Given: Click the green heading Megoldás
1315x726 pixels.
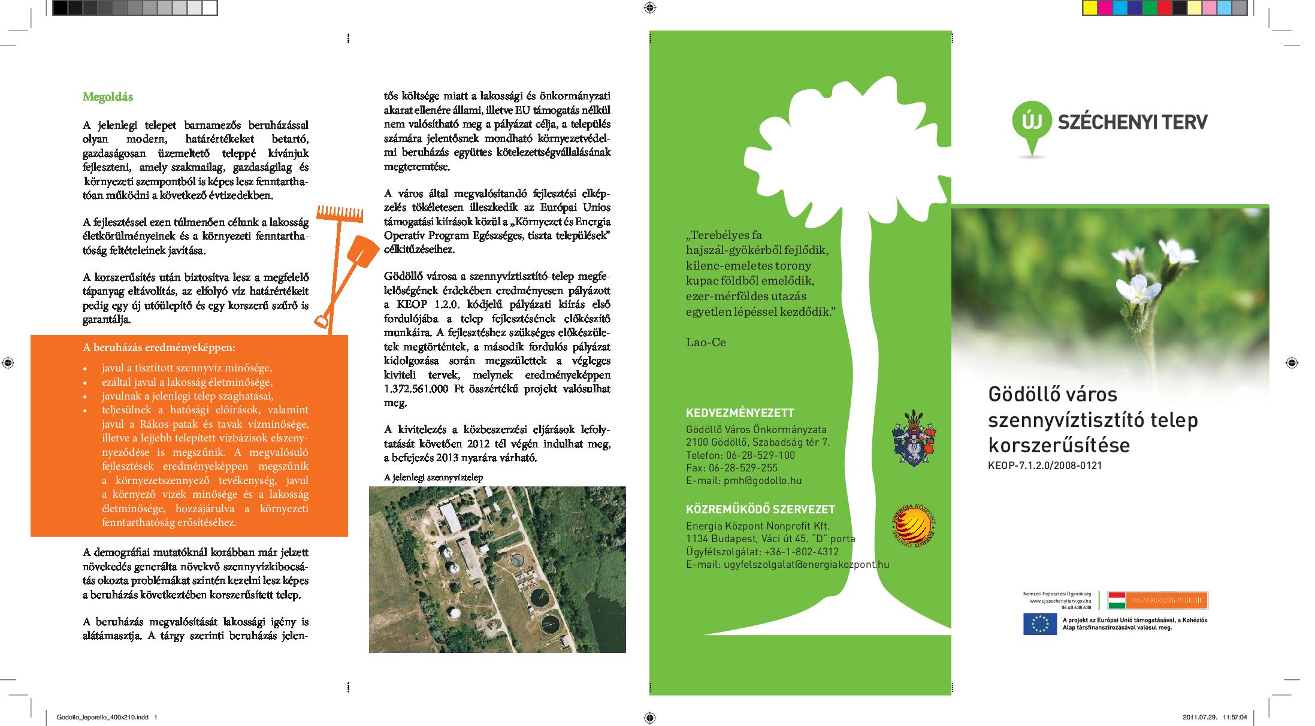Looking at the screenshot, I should (x=108, y=97).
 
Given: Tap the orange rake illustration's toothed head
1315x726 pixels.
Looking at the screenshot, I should (x=340, y=213).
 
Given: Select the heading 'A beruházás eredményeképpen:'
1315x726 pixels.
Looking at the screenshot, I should (x=159, y=347).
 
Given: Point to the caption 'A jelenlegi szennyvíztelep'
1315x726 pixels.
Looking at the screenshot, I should (x=433, y=477).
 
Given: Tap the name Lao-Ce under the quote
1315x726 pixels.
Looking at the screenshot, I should (x=706, y=343).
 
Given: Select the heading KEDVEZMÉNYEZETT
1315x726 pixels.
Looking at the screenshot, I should (x=740, y=413).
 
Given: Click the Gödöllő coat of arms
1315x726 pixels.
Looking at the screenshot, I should (x=913, y=438).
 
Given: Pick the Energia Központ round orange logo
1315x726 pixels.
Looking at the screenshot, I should (x=914, y=525).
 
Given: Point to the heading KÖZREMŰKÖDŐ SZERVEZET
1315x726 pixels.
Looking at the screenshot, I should (x=760, y=509).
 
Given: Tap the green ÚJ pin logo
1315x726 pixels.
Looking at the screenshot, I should (x=1032, y=123).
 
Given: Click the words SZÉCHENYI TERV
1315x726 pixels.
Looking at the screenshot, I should (x=1132, y=122).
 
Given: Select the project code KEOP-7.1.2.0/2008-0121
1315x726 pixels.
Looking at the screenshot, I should (x=1045, y=465).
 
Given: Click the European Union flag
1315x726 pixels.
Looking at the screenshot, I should (x=1040, y=624).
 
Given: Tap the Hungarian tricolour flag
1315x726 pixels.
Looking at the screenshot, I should (x=1116, y=600).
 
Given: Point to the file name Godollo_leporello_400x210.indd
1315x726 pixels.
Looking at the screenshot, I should (x=102, y=717).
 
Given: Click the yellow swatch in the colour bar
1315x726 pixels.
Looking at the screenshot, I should (x=1090, y=8).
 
